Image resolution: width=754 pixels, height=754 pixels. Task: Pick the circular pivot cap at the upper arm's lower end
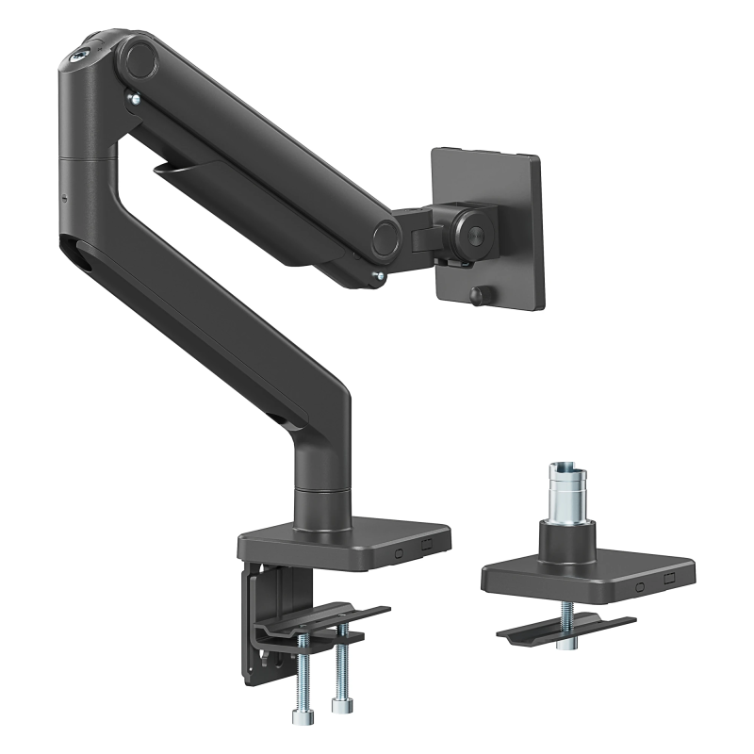(385, 236)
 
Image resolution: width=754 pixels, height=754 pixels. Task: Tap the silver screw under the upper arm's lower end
(379, 276)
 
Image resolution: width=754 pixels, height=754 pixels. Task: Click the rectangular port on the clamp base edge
(426, 543)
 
